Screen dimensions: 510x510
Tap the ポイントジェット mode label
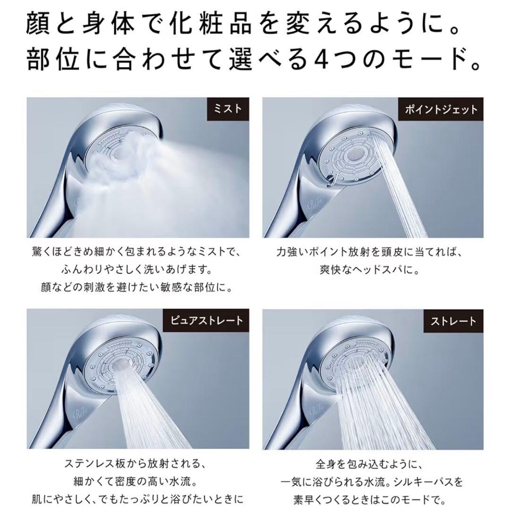441,109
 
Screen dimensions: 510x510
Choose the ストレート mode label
452,321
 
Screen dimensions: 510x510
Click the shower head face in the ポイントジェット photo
351,156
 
